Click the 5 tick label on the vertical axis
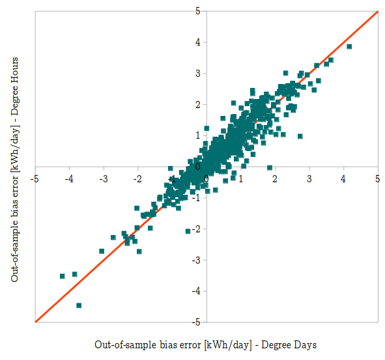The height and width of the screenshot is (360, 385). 197,11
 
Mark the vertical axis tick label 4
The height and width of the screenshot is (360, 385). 197,42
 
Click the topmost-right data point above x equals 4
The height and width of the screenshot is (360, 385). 349,47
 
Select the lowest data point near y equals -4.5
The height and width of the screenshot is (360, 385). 79,305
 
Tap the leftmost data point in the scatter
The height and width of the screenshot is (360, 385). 63,276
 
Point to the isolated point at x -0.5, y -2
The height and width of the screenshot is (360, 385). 188,231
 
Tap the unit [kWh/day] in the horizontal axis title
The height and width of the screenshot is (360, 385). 227,344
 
